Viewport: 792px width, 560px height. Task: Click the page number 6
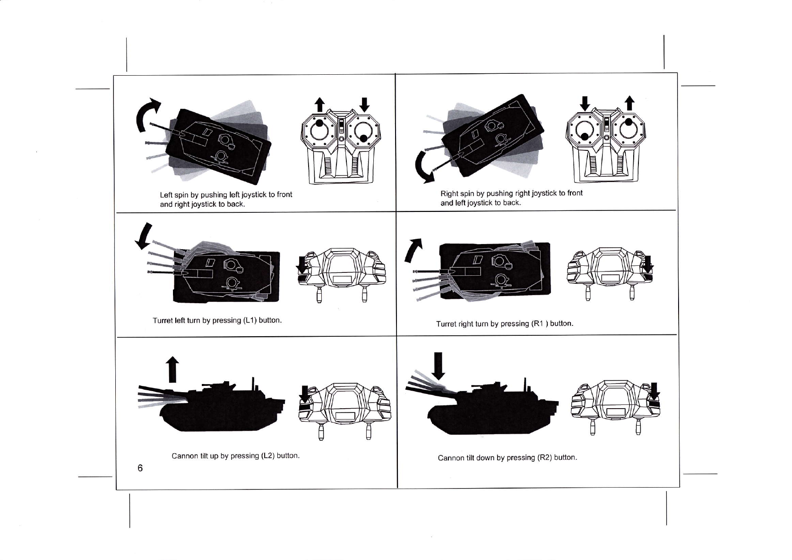pos(140,468)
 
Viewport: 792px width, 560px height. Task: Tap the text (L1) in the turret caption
pos(250,320)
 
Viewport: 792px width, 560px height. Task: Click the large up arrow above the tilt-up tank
pos(172,369)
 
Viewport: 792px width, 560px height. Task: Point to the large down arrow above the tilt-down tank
pos(439,366)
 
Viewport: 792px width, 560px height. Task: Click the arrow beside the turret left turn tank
pos(144,236)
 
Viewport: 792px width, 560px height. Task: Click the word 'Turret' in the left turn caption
pos(163,321)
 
